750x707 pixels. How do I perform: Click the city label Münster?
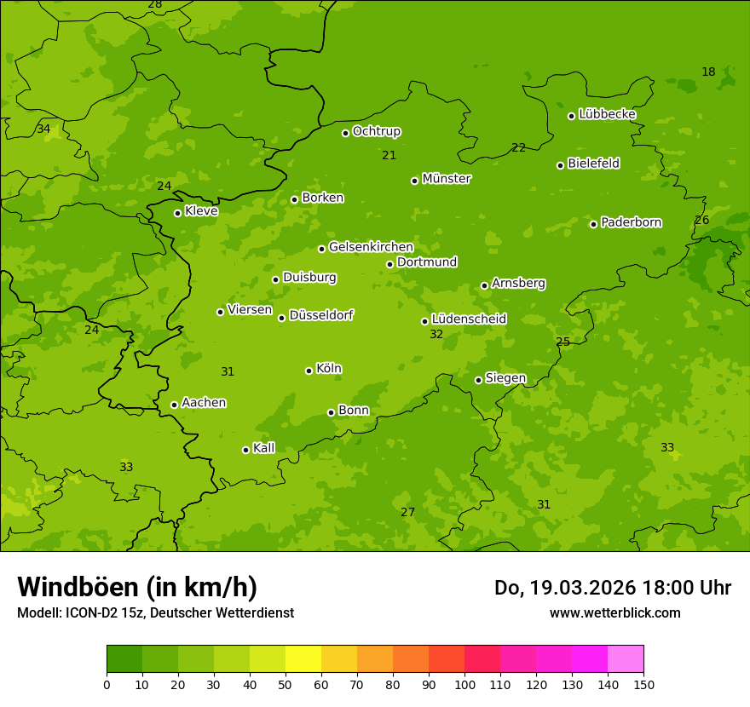(x=446, y=179)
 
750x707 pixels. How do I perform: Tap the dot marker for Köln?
(x=309, y=371)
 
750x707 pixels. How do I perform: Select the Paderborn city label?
(x=631, y=222)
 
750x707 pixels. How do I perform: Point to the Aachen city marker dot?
(x=174, y=405)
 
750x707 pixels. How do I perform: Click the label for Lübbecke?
(x=607, y=114)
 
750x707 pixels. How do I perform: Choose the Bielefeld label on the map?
(x=593, y=164)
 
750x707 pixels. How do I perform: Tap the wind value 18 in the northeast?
(x=708, y=72)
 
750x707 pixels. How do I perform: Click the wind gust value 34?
(x=43, y=129)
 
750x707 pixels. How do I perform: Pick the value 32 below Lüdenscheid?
(x=436, y=335)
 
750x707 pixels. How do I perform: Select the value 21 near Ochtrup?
(x=389, y=155)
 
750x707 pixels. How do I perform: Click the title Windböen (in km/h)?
(x=137, y=587)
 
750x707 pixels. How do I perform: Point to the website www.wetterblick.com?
(x=614, y=612)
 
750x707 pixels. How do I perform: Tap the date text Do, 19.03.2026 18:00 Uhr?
(x=612, y=588)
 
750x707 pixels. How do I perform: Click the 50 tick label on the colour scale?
(x=286, y=684)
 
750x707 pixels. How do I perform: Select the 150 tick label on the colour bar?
(x=643, y=684)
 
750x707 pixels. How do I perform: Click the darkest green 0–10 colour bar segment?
(x=124, y=658)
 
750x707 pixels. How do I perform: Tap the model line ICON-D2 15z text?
(x=155, y=612)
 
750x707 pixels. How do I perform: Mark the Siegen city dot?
(x=478, y=380)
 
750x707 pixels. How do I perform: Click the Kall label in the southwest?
(x=263, y=448)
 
